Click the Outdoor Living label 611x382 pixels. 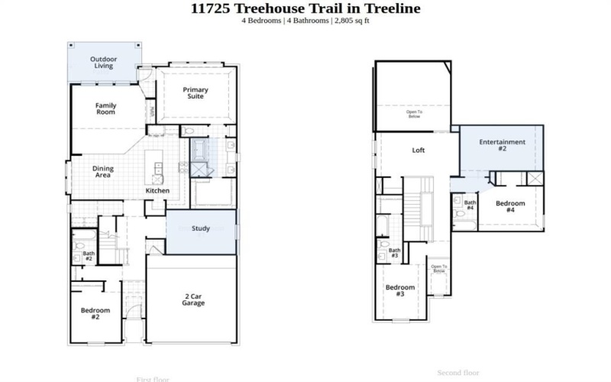[x=104, y=63]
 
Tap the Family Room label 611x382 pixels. [x=105, y=108]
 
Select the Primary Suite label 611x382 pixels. [x=196, y=93]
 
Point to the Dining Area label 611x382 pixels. [x=103, y=172]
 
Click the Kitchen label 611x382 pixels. [x=157, y=190]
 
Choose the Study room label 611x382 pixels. [x=201, y=228]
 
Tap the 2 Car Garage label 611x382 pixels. [x=193, y=299]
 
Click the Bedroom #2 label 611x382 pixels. [x=95, y=313]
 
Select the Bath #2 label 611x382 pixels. [x=89, y=256]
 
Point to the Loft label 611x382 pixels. [x=418, y=151]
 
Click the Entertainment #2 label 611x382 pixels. [x=502, y=145]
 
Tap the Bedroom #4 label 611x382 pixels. [x=510, y=206]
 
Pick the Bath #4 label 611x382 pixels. [x=470, y=206]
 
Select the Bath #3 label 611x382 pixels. [x=394, y=253]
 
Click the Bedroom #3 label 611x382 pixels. [x=400, y=290]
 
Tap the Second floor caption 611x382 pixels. [x=457, y=373]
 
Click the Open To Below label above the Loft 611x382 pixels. [x=413, y=114]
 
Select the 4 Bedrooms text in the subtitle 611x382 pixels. [x=260, y=21]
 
